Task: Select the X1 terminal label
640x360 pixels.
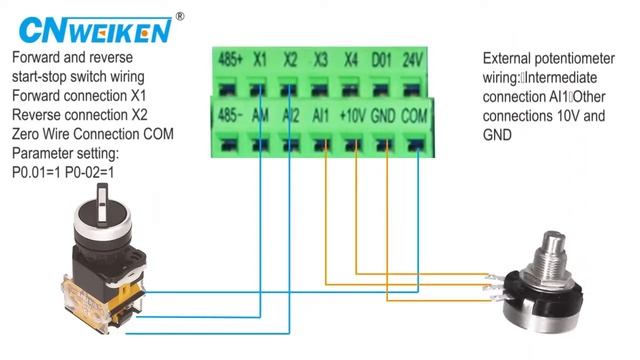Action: click(x=260, y=59)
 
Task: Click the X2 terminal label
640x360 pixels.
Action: click(x=290, y=59)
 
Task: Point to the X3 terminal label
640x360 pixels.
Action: click(x=320, y=59)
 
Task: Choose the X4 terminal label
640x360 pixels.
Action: click(x=350, y=59)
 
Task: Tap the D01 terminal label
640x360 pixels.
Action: click(x=381, y=59)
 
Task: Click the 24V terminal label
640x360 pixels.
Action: click(x=413, y=59)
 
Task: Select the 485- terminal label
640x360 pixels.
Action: click(x=229, y=115)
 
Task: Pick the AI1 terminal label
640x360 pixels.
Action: click(x=321, y=115)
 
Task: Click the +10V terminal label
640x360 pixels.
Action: click(x=351, y=115)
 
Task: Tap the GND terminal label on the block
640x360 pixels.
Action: click(x=382, y=115)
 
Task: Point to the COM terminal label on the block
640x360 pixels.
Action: click(x=413, y=115)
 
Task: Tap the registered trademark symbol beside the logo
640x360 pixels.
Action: click(x=179, y=16)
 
